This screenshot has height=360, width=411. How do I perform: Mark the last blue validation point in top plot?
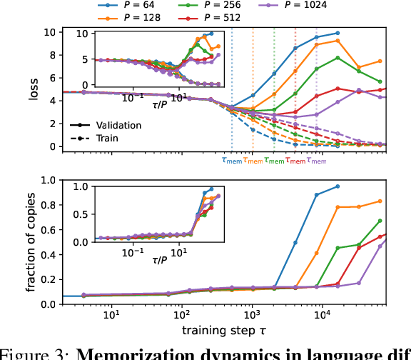point(338,33)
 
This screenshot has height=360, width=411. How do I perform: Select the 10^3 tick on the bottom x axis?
point(252,315)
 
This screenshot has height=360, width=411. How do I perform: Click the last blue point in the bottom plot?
point(338,186)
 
